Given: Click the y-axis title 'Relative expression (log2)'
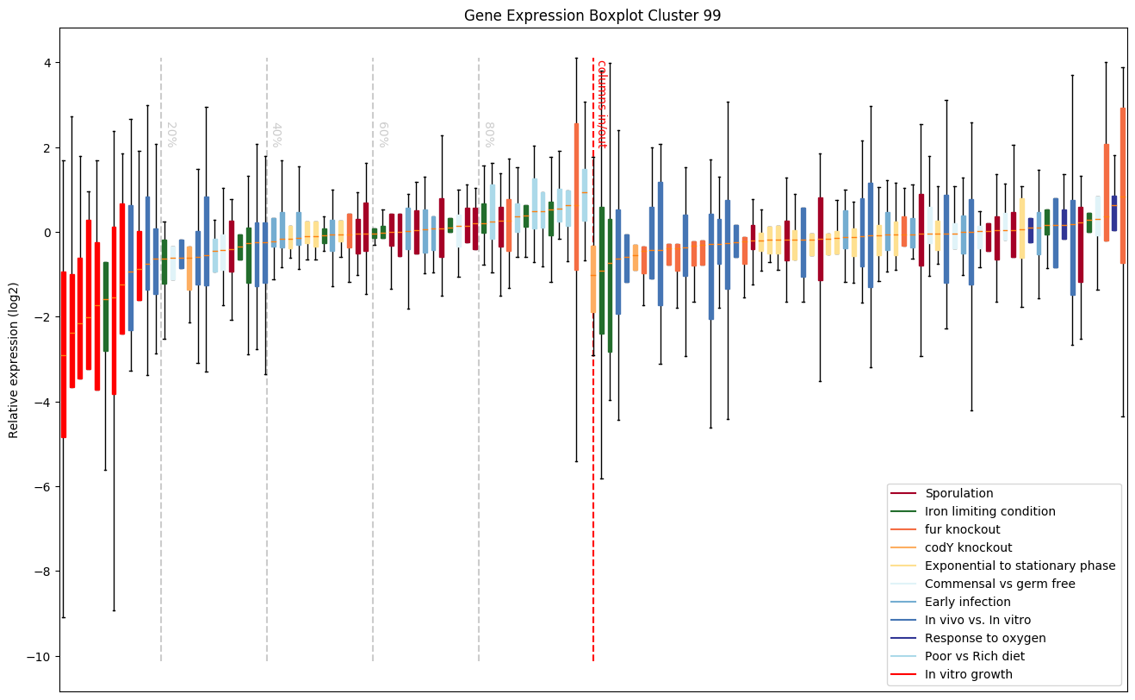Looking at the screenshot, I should pos(14,358).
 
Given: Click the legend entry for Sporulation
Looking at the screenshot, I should pos(958,493).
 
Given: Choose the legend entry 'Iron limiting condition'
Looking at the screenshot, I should pos(989,511).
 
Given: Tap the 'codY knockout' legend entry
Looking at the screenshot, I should pos(968,547).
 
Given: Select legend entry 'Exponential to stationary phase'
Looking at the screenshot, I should pos(1020,566).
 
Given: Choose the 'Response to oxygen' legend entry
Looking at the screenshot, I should pos(985,638).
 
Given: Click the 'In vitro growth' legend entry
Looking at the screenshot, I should pos(968,674).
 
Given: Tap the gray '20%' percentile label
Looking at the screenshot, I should pos(171,134).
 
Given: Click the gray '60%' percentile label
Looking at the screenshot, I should pos(382,134).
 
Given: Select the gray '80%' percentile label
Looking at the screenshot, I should pos(488,134).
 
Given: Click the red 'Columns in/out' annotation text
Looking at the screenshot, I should pos(602,103).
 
